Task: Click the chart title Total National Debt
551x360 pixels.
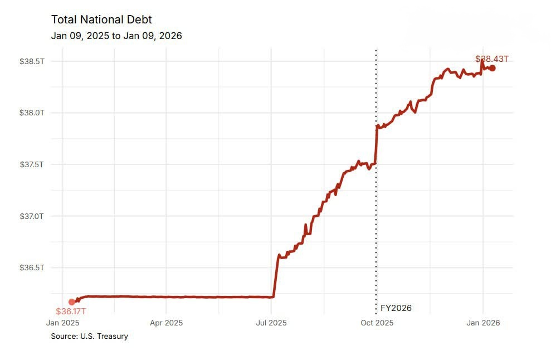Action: [x=101, y=20]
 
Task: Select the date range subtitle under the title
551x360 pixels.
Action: [x=116, y=36]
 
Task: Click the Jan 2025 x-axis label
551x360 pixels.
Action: [x=62, y=323]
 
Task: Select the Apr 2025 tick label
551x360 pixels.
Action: [x=167, y=323]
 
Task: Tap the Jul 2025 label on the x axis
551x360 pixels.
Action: [x=271, y=323]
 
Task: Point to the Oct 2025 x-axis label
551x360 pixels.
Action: [x=377, y=323]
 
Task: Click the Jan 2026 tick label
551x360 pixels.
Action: [x=482, y=323]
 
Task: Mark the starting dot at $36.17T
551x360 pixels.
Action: [x=72, y=301]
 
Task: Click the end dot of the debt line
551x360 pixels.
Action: [x=492, y=68]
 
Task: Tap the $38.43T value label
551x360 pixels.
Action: [x=492, y=59]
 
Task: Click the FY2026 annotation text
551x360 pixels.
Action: [x=396, y=308]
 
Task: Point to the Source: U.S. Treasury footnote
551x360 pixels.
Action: [x=89, y=336]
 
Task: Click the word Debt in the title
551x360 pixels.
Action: [x=139, y=20]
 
